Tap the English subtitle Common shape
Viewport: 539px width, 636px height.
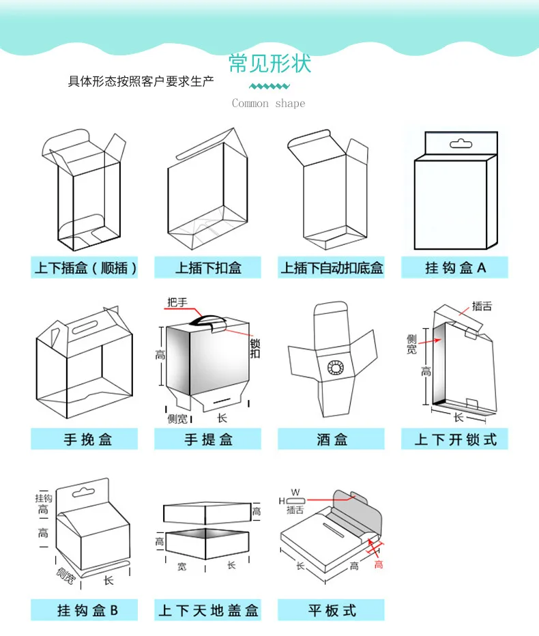(x=269, y=104)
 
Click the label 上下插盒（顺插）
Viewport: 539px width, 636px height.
(x=85, y=268)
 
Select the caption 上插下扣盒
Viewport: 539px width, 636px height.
(x=208, y=268)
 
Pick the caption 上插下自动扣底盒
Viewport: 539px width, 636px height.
(x=332, y=268)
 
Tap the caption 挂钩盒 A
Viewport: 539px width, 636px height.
(x=455, y=268)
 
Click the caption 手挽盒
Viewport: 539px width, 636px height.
(x=85, y=439)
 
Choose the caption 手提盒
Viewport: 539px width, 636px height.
(x=208, y=439)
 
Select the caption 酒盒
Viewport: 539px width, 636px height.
(x=332, y=439)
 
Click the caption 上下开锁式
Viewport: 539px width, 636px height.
(x=455, y=439)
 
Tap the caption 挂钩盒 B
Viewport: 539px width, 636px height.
(x=85, y=609)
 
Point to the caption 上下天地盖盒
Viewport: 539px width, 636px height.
(x=208, y=609)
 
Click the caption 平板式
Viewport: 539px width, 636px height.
(x=332, y=609)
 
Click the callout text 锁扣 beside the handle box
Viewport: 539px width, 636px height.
(x=254, y=348)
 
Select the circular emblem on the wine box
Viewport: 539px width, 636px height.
(x=336, y=368)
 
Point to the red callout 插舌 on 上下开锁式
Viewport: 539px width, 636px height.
(x=482, y=306)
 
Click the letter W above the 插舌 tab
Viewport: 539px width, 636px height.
(x=295, y=491)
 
